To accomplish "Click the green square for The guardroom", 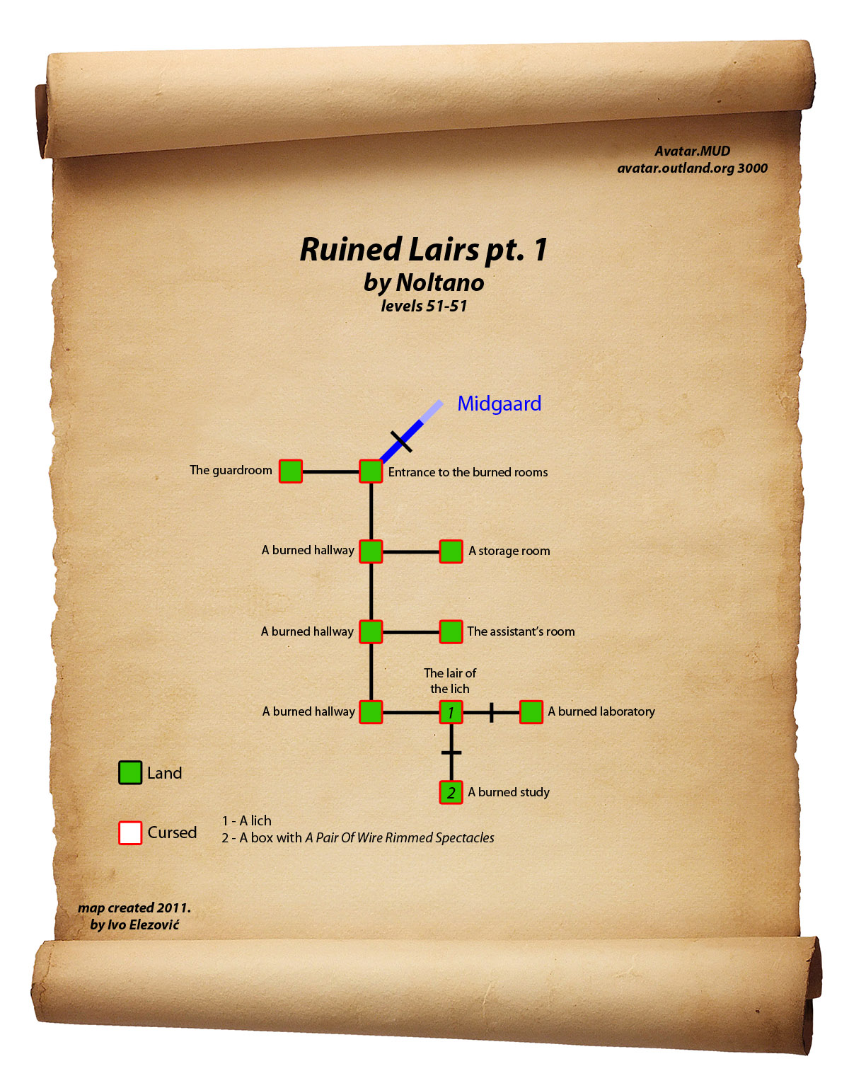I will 291,471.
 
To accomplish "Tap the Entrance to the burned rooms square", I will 371,471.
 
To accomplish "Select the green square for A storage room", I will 451,551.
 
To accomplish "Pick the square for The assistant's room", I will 451,631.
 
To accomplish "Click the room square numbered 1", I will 451,712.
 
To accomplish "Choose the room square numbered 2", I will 451,792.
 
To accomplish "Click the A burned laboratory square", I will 531,712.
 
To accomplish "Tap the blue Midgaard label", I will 499,403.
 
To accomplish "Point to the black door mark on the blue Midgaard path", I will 401,441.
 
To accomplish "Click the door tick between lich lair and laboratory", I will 491,712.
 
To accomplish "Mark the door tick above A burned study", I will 451,752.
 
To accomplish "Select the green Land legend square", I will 130,773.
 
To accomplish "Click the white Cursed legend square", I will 130,832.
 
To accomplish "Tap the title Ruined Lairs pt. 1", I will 424,250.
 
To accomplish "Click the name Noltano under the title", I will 440,283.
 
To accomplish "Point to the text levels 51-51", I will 424,307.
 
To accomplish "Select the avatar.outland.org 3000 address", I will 692,168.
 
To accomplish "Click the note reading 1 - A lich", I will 246,820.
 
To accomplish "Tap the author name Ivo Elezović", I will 144,924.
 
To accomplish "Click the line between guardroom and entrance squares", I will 330,471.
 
